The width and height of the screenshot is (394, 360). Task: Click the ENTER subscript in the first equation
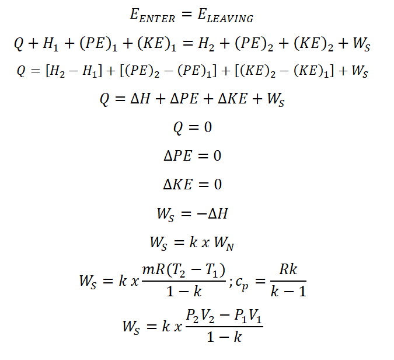[157, 19]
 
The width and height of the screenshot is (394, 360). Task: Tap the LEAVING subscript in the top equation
[230, 19]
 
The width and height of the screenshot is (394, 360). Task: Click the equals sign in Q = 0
[193, 127]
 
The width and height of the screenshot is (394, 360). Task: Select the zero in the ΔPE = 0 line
[217, 155]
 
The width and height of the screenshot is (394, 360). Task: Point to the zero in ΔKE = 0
[218, 185]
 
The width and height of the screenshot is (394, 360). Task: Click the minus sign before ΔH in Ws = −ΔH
[201, 214]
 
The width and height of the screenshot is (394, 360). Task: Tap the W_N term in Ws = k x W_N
[224, 243]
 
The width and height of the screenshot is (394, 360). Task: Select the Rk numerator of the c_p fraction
[288, 269]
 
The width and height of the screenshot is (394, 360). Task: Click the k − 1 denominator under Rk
[288, 292]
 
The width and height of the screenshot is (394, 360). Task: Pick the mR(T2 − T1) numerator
[184, 271]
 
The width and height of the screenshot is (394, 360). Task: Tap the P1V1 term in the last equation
[247, 316]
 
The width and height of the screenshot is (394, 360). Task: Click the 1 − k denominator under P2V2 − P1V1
[224, 337]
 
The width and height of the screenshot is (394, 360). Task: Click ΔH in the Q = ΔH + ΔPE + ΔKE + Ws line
[141, 98]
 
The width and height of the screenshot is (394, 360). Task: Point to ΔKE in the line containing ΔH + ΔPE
[233, 98]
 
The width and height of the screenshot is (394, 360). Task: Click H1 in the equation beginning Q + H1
[51, 44]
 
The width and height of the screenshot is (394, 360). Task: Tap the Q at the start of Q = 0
[178, 128]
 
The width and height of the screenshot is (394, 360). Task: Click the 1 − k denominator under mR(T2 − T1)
[184, 292]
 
